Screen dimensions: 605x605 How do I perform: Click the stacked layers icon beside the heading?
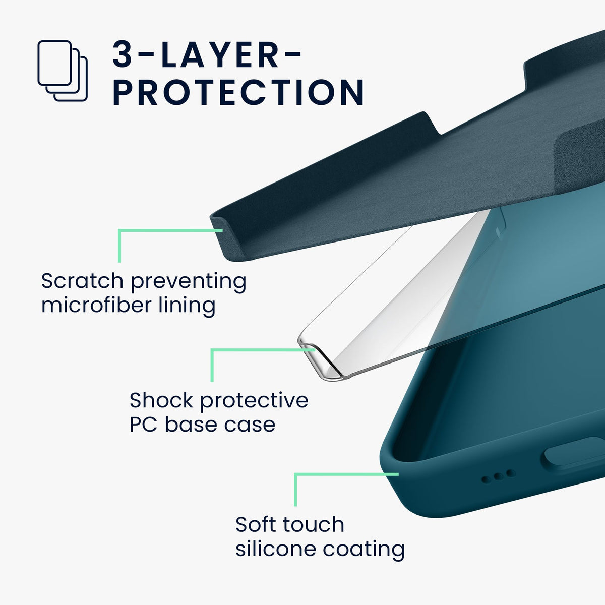pos(63,71)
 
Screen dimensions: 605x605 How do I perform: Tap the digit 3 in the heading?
pos(122,54)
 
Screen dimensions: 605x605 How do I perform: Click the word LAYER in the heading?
pos(220,54)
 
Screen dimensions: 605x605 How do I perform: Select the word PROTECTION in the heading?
pos(238,92)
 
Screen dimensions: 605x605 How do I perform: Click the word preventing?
pos(189,282)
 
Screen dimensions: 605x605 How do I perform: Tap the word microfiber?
pos(97,305)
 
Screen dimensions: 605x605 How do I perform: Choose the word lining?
pos(187,307)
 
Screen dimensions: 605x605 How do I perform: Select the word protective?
pos(254,402)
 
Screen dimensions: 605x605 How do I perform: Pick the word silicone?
pos(275,549)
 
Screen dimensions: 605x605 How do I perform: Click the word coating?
pos(364,551)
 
